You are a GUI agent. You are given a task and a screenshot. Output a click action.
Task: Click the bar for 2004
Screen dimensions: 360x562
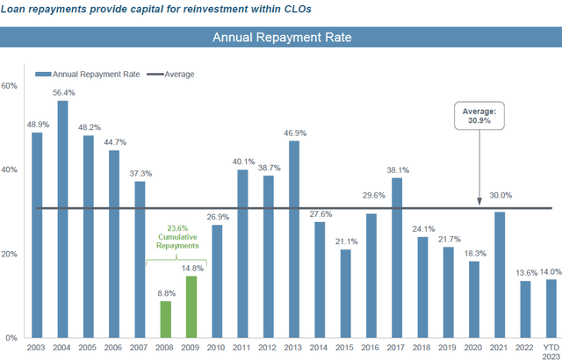tap(63, 220)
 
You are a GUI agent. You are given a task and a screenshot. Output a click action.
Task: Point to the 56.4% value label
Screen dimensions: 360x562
tap(63, 92)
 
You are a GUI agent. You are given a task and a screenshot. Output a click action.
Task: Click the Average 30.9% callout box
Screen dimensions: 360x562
tap(479, 117)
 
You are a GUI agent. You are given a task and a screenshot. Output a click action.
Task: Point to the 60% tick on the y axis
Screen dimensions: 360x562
tap(11, 86)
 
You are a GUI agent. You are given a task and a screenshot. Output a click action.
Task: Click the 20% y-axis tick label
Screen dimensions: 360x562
tap(11, 254)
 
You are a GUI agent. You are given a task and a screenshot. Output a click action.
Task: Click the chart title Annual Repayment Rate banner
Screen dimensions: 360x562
tap(280, 38)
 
